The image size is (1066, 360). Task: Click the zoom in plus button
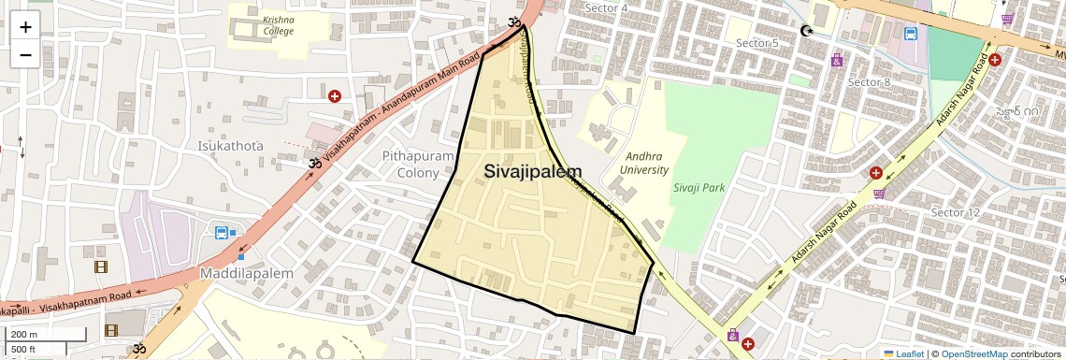tap(25, 26)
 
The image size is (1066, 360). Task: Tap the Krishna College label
tap(278, 24)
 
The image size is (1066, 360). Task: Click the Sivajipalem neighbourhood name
tap(533, 172)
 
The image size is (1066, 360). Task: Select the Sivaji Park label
tap(699, 187)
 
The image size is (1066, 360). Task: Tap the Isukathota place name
tap(231, 146)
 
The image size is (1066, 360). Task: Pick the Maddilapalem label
tap(247, 273)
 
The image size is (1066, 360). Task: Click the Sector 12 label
tap(955, 213)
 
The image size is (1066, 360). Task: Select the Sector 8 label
tap(869, 82)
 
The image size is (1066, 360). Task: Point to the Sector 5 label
tap(756, 43)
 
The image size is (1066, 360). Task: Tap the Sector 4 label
tap(606, 8)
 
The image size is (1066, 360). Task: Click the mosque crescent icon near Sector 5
tap(806, 31)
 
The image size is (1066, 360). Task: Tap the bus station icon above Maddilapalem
tap(223, 233)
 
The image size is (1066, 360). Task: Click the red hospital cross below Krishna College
tap(334, 96)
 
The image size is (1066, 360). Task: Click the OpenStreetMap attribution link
tap(973, 353)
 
